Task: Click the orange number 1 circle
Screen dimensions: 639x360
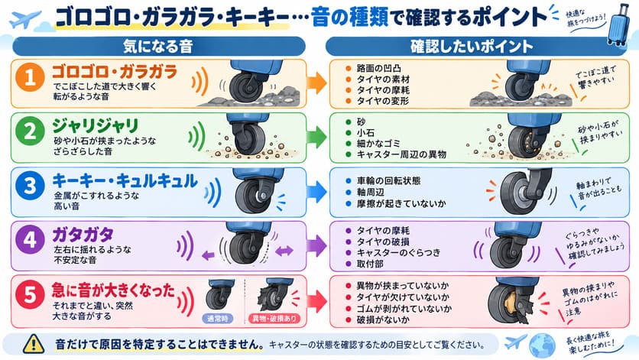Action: coord(30,77)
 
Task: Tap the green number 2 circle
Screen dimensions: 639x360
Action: coord(30,131)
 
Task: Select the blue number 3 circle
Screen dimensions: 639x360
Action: coord(30,186)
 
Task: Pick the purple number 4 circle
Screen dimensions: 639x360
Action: coord(30,240)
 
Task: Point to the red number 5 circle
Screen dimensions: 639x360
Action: coord(30,294)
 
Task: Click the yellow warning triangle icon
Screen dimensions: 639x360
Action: coord(34,344)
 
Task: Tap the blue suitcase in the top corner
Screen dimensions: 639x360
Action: coord(618,24)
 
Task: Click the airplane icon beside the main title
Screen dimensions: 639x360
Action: coord(25,20)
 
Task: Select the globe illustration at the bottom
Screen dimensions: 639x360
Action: coord(542,345)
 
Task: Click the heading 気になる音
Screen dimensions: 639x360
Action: coord(158,47)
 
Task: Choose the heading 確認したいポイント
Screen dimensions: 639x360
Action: coord(472,47)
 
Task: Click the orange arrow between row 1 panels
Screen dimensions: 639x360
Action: coord(317,83)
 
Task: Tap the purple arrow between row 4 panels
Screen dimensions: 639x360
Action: coord(317,246)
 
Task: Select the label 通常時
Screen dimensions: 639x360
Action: coord(218,319)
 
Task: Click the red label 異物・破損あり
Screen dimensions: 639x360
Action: coord(274,319)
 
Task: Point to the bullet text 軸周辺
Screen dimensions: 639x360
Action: coord(371,192)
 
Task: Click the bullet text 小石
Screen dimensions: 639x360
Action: coord(365,132)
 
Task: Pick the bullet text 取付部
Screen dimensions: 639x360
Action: coord(370,264)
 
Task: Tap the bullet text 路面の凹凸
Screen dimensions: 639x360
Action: coord(379,68)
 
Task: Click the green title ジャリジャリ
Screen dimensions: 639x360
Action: coord(96,125)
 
